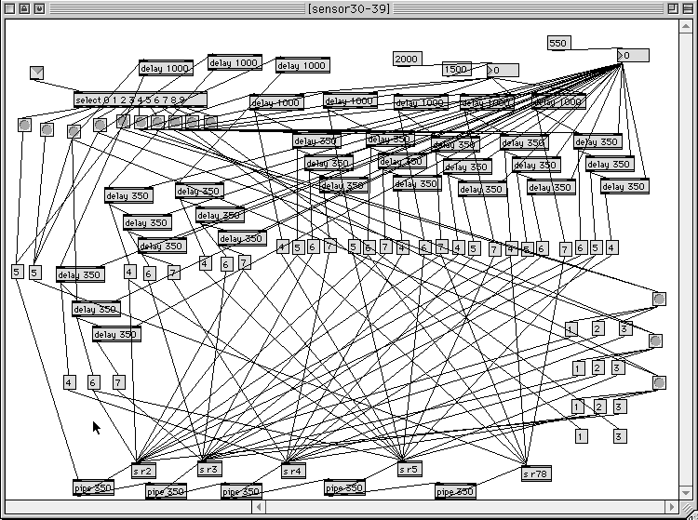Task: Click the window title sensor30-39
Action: [349, 7]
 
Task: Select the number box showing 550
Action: [558, 43]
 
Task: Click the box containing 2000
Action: [408, 59]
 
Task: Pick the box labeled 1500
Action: [456, 70]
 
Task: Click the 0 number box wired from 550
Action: [633, 56]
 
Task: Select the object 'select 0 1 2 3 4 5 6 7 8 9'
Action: [140, 100]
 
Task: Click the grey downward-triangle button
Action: [37, 73]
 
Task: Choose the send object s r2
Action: [143, 471]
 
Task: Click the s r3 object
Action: [209, 470]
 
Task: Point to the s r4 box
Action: [293, 471]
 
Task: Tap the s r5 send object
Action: [409, 470]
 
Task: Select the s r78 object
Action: [536, 473]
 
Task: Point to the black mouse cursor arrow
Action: [96, 427]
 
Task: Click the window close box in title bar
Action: [10, 7]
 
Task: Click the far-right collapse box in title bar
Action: [688, 7]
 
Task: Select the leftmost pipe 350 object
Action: [93, 487]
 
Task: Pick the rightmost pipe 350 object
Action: [455, 490]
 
